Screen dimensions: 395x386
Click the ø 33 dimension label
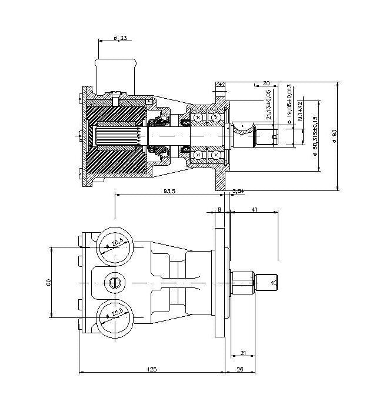(121, 38)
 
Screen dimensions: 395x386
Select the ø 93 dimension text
(335, 136)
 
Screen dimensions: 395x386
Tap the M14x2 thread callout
(301, 111)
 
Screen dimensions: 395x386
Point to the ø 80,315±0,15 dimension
(315, 136)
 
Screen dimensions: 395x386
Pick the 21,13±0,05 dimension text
(269, 105)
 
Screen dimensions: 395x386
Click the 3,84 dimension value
(238, 191)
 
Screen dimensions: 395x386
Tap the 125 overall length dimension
(151, 369)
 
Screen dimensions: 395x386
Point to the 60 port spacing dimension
(48, 282)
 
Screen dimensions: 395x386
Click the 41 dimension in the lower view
(254, 209)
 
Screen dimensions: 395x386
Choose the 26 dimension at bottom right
(239, 369)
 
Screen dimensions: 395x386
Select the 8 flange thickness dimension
(219, 209)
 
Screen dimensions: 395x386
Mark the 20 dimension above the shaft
(266, 83)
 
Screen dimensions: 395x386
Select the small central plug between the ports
(114, 283)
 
